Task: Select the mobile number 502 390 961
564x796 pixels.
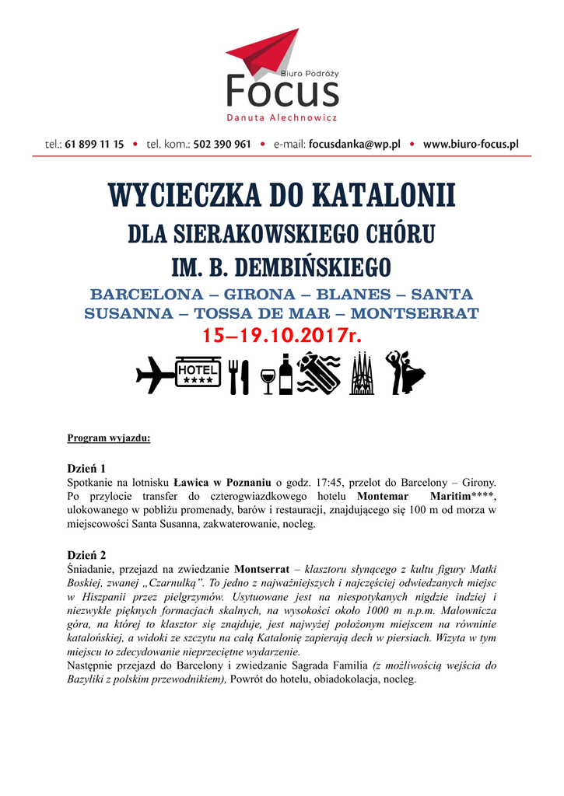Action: click(222, 144)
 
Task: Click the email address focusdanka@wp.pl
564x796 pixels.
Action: click(354, 144)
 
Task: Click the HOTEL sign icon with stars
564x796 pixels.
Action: click(198, 374)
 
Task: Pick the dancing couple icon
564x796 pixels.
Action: click(405, 372)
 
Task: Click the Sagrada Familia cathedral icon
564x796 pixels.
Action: click(362, 374)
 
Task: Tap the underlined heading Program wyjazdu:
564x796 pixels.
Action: click(109, 438)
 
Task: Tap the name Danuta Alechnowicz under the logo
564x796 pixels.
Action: click(282, 118)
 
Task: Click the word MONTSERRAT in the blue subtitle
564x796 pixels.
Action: click(414, 314)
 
